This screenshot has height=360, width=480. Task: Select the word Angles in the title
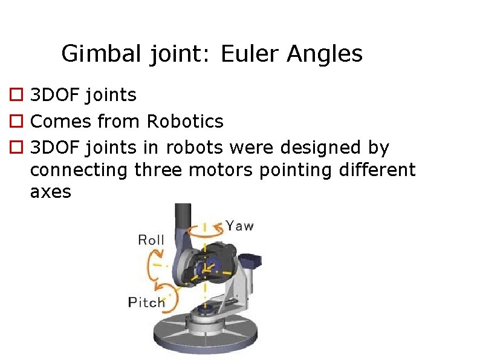325,54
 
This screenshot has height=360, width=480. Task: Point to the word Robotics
185,121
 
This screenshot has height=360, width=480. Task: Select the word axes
50,192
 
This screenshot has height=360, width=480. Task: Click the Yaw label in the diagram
240,226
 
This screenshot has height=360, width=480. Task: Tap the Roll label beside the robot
151,240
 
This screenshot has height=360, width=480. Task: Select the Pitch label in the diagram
146,302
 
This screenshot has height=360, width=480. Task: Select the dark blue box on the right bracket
253,260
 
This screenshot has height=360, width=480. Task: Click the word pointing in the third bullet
286,170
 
